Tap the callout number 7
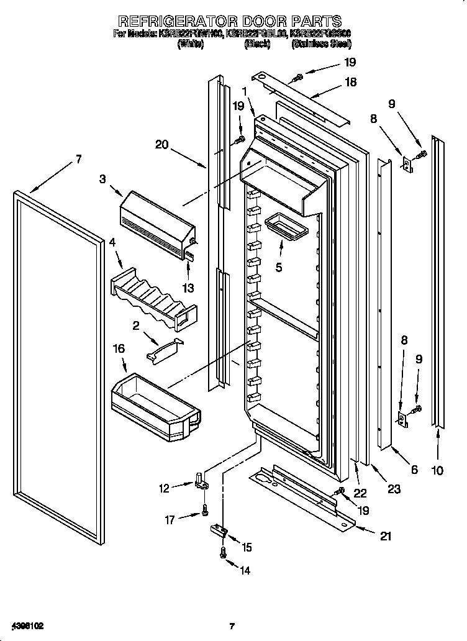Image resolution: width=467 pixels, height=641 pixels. pos(78,160)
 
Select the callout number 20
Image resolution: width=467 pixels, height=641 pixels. pos(162,145)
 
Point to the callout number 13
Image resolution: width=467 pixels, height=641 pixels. pos(188,288)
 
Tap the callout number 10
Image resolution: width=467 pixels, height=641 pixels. pos(437,470)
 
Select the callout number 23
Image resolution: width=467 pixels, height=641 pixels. pos(394,489)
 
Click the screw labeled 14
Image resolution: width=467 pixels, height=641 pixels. pos(223,554)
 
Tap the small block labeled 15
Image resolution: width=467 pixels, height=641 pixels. pos(219,530)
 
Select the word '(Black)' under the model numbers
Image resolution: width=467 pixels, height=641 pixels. pos(256,45)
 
